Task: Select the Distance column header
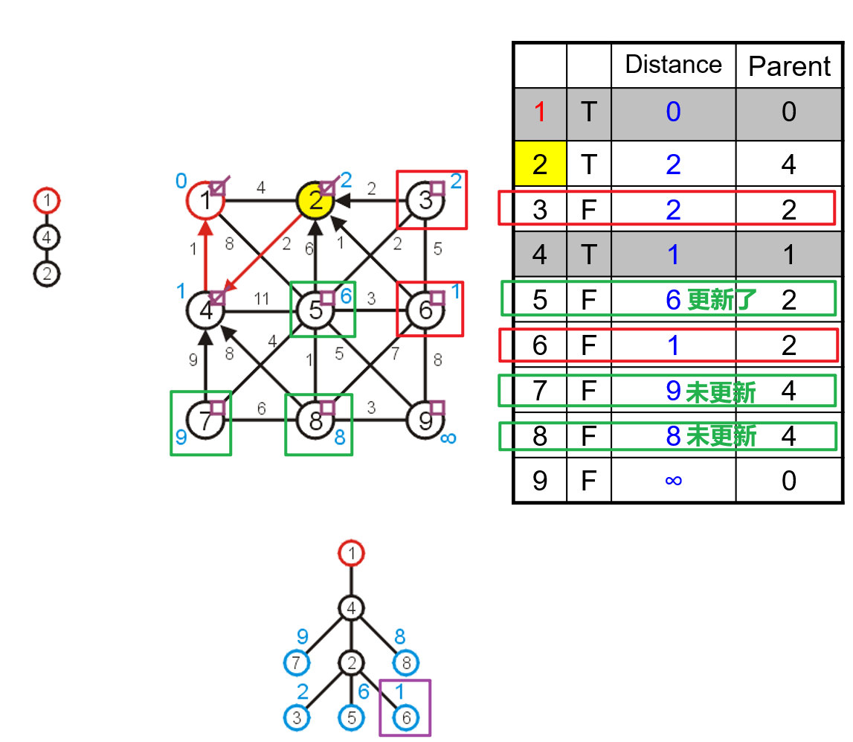(673, 65)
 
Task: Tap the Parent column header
(789, 66)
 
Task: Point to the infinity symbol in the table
(673, 481)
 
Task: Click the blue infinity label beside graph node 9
(448, 438)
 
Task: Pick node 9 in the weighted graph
(425, 422)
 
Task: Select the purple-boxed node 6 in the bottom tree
(405, 718)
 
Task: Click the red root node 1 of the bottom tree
(352, 554)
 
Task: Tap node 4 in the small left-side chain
(46, 237)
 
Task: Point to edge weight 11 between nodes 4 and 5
(261, 298)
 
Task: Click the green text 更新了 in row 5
(722, 300)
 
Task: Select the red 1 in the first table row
(540, 112)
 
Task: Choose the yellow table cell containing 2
(540, 164)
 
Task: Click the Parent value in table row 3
(789, 210)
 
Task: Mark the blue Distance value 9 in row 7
(673, 391)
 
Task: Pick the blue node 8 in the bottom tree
(406, 662)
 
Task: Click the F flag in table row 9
(588, 481)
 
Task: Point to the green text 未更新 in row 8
(721, 436)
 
